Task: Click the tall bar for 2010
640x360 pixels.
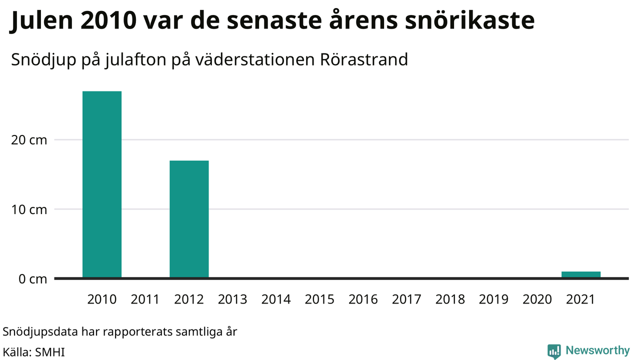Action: coord(102,184)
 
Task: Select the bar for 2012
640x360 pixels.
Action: coord(189,219)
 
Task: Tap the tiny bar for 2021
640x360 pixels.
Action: coord(581,274)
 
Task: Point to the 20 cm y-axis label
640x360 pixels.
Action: coord(29,140)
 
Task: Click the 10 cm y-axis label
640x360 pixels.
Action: coord(29,209)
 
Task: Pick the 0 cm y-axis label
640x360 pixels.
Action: coord(32,279)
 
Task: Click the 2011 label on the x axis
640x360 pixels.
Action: coord(145,299)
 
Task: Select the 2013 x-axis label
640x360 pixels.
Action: coord(232,299)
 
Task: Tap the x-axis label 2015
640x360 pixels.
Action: coord(319,299)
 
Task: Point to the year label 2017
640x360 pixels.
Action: coord(406,299)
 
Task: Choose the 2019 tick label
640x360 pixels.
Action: coord(493,299)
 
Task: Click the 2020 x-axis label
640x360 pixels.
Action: coord(537,299)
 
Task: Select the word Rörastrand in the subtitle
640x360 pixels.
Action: coord(364,59)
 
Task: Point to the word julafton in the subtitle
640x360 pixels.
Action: coord(135,60)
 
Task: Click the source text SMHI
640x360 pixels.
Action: coord(49,352)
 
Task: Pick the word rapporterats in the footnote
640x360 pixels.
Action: coord(137,332)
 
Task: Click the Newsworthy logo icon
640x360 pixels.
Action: coord(554,351)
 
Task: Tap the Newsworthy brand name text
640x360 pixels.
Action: coord(597,350)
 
